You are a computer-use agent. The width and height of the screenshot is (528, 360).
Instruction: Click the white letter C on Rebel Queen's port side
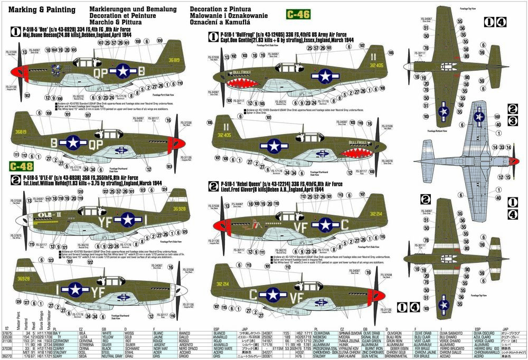coord(345,224)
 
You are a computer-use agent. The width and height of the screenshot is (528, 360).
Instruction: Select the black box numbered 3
coord(512,121)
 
